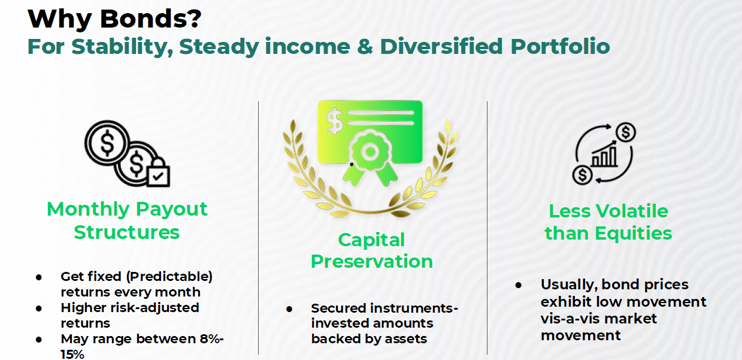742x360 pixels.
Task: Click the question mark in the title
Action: [x=193, y=19]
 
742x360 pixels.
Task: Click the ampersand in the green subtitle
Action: [x=365, y=46]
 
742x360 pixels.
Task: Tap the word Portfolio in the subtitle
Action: [x=560, y=46]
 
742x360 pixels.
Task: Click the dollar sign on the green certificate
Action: [x=334, y=121]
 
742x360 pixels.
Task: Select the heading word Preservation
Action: [x=372, y=261]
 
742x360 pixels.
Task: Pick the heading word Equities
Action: [x=634, y=234]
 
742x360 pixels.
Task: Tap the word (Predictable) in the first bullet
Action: [x=169, y=277]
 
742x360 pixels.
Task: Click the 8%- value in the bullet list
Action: [x=211, y=339]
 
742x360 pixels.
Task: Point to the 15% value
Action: [x=72, y=354]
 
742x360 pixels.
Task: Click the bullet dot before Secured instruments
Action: [x=289, y=309]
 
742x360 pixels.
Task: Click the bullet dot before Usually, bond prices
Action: [x=519, y=285]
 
